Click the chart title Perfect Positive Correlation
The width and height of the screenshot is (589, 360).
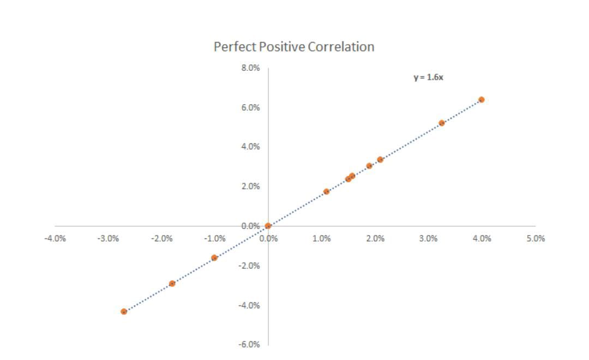[294, 46]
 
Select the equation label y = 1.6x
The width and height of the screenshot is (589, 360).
[428, 77]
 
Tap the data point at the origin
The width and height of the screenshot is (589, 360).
[268, 226]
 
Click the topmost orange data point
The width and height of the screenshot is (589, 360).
[481, 100]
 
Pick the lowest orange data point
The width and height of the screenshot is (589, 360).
[124, 311]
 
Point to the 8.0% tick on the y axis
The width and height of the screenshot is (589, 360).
[250, 68]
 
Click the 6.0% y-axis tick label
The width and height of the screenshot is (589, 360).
[250, 108]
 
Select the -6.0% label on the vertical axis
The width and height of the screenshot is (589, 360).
[249, 345]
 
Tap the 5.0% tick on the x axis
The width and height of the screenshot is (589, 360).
[536, 238]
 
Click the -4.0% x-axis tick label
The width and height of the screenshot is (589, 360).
[55, 238]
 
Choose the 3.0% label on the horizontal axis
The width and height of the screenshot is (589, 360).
[428, 238]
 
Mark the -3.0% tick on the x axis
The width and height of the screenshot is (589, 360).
[108, 238]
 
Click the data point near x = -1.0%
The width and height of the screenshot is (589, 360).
[214, 258]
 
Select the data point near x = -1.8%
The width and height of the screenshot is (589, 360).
[172, 283]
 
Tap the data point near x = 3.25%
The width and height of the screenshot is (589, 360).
[442, 123]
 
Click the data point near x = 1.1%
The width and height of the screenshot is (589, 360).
[327, 191]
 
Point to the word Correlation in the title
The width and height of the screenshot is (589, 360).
[341, 46]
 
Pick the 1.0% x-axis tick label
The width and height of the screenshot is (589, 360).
[322, 238]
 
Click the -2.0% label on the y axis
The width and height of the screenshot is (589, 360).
[249, 266]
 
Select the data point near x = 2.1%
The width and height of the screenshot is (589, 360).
[380, 159]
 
